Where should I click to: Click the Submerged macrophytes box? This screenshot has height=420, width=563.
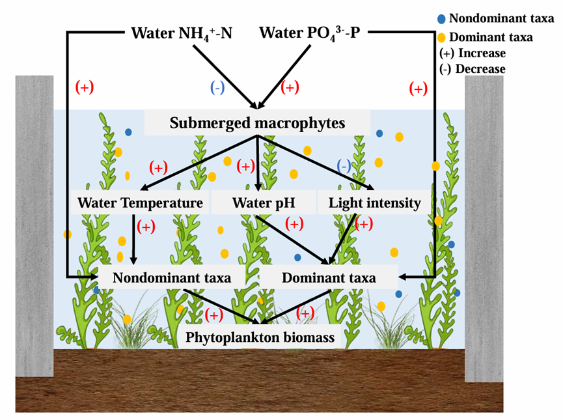257,122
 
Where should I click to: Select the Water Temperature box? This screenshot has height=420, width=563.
141,203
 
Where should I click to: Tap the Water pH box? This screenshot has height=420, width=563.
264,203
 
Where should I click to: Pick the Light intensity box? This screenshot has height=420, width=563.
374,203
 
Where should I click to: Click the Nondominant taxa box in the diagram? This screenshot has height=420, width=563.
172,277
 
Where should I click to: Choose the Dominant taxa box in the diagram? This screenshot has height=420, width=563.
329,277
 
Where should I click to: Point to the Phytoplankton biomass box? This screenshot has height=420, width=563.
260,337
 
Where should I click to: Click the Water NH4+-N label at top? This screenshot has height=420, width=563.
180,33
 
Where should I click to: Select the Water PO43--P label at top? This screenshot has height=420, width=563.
309,33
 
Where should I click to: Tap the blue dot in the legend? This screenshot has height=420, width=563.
442,19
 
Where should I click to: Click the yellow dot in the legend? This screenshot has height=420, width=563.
442,36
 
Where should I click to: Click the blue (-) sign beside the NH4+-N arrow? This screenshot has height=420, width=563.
216,87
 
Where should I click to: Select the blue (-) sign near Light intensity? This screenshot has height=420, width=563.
344,166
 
